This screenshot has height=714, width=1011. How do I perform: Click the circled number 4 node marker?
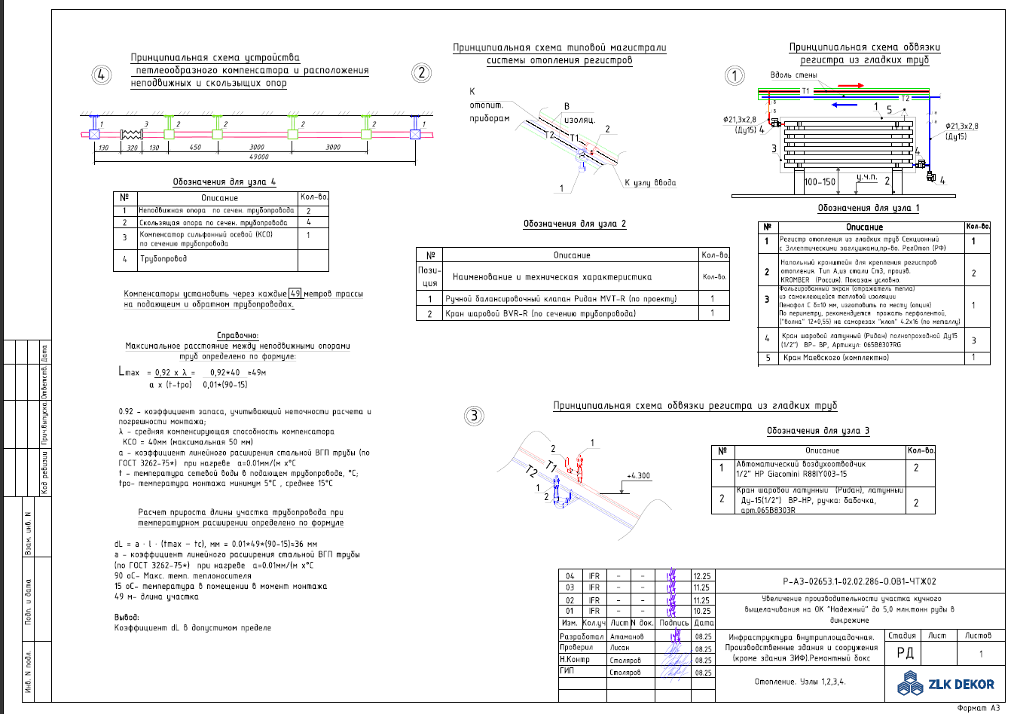click(x=102, y=75)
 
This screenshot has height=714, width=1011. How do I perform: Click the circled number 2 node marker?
click(x=422, y=73)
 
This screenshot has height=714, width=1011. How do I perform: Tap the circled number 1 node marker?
click(x=735, y=75)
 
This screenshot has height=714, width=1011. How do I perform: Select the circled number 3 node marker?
click(x=474, y=415)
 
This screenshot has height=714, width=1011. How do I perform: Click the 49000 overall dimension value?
click(x=258, y=157)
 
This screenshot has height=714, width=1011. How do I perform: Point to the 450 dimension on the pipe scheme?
click(x=195, y=147)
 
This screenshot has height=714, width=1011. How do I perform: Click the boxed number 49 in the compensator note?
click(x=295, y=294)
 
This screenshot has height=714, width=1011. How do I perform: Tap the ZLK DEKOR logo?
click(x=946, y=684)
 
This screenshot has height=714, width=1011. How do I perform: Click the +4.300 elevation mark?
click(x=638, y=476)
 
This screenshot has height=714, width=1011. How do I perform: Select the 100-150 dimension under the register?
click(x=820, y=182)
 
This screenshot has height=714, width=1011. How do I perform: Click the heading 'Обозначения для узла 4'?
click(x=224, y=182)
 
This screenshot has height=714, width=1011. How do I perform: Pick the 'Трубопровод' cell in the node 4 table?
click(x=163, y=259)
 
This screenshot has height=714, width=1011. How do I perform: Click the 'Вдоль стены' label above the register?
click(x=794, y=75)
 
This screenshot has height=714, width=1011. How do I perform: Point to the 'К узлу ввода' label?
click(x=650, y=182)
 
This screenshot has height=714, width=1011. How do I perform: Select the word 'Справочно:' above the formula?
click(x=237, y=336)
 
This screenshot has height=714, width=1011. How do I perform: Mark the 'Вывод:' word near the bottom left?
click(x=127, y=617)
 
